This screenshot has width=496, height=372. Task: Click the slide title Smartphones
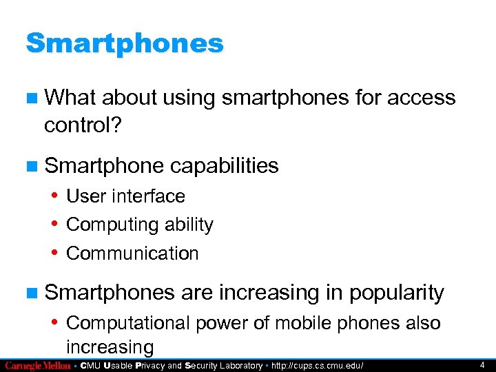125,43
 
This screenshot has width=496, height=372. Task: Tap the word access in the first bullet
421,98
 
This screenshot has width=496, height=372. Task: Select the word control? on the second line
81,126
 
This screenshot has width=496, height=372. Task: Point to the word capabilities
224,165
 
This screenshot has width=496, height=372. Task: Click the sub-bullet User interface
125,196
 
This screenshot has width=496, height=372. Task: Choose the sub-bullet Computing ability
140,225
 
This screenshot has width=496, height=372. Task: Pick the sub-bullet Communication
132,254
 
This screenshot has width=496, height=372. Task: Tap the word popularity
396,293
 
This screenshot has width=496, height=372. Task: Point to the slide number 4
482,365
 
